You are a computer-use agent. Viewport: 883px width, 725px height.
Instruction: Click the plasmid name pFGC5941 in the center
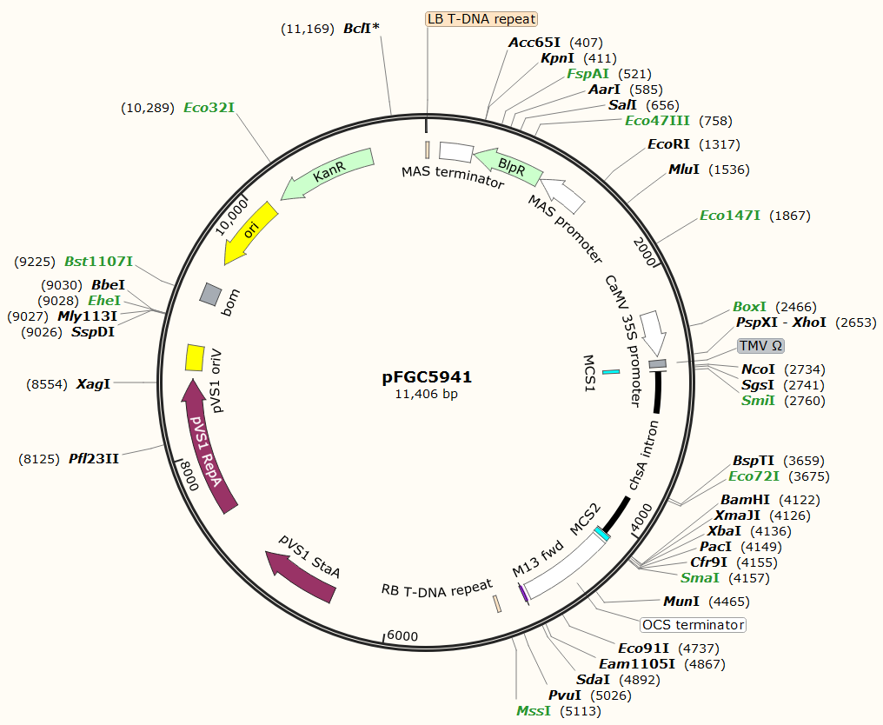click(427, 377)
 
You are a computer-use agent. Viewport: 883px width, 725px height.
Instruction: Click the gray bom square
click(210, 294)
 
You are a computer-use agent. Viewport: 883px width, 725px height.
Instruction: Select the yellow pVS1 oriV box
click(195, 357)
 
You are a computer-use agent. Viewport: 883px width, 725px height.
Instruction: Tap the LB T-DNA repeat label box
click(481, 19)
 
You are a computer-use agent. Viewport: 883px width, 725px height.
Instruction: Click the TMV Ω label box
click(760, 345)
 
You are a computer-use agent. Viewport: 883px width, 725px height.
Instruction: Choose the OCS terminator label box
click(693, 625)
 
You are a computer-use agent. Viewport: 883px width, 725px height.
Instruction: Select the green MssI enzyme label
click(534, 711)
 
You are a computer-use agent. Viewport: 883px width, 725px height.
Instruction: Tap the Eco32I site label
click(209, 108)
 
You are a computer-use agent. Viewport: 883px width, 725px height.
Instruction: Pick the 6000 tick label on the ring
click(402, 635)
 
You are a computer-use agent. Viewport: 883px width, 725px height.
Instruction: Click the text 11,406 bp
click(427, 394)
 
